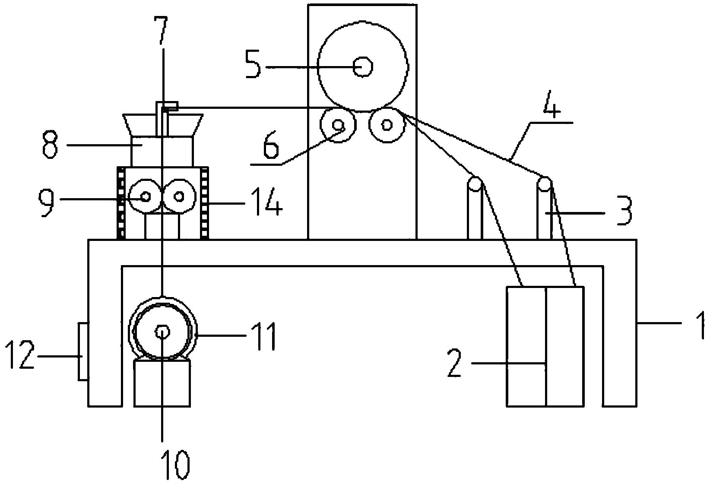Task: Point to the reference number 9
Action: coord(47,201)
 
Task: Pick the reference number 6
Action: coord(271,148)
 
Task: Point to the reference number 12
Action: coord(20,356)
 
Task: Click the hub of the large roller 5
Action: coord(363,67)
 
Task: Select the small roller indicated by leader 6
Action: coord(338,125)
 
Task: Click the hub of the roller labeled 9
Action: coord(145,197)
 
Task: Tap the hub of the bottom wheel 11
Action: coord(162,332)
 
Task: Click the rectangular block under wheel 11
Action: coord(162,383)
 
